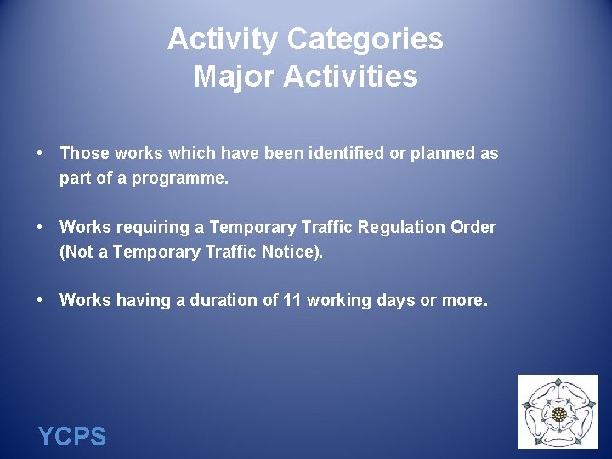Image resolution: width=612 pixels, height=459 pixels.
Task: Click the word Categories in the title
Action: click(x=365, y=39)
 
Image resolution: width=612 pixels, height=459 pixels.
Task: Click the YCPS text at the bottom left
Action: click(x=72, y=437)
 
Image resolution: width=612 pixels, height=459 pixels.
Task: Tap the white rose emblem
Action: click(x=558, y=412)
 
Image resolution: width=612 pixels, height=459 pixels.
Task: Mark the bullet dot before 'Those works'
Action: click(x=40, y=154)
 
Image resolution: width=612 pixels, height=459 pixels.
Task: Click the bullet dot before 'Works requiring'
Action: click(x=40, y=227)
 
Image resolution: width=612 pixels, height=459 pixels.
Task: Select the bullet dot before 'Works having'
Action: click(x=40, y=300)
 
